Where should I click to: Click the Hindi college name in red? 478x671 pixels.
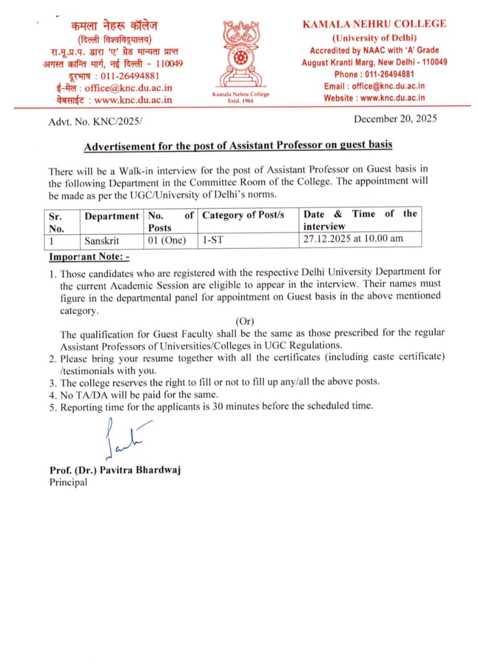coord(114,25)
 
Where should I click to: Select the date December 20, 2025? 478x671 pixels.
coord(395,119)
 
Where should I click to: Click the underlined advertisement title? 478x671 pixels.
coord(238,145)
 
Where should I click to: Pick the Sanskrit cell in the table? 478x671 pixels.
coord(102,241)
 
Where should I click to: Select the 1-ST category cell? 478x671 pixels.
coord(212,241)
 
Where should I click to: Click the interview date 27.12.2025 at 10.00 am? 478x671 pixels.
coord(353,239)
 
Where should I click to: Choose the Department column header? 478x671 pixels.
coord(112,215)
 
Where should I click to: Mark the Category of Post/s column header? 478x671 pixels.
coord(243,215)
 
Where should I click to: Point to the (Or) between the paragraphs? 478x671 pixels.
coord(245,321)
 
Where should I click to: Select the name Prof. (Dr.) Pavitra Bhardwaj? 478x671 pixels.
coord(115,470)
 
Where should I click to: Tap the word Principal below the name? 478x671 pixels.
coord(69,482)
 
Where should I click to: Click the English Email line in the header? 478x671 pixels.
coord(374,86)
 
